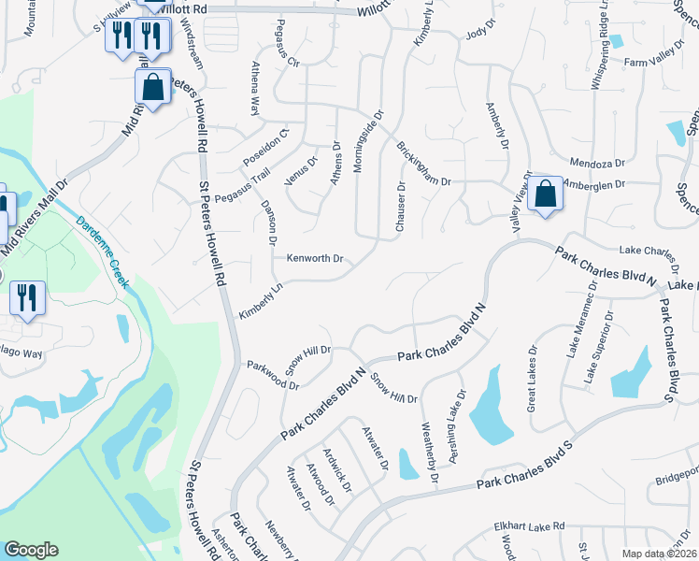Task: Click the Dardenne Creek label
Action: pyautogui.click(x=101, y=252)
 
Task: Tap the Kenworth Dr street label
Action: pyautogui.click(x=315, y=258)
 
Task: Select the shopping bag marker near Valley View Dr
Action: pyautogui.click(x=546, y=195)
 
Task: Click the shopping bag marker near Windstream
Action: pyautogui.click(x=152, y=88)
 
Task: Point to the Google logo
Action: pyautogui.click(x=31, y=550)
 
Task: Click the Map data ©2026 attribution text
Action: pyautogui.click(x=659, y=553)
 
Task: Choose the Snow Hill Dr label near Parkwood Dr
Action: pyautogui.click(x=313, y=351)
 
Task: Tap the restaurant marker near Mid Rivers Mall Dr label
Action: pyautogui.click(x=28, y=298)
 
